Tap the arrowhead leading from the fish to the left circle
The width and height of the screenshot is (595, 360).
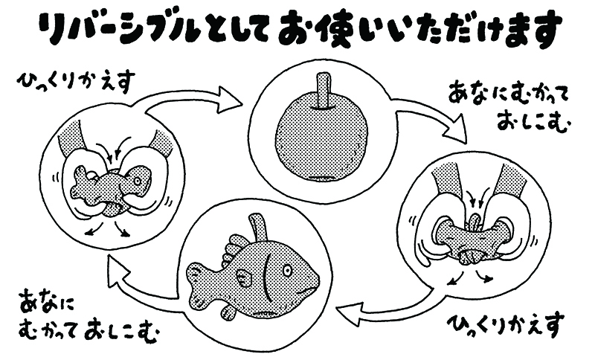tap(116, 267)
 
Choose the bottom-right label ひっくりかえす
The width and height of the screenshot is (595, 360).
tap(506, 324)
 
